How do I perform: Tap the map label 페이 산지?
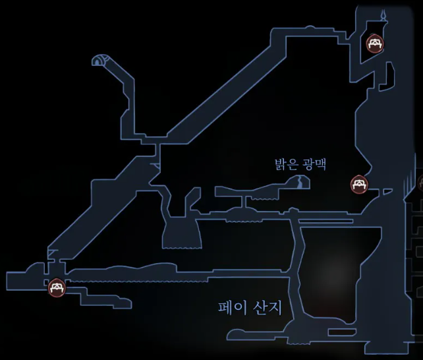coord(250,308)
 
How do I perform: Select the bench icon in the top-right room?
coord(374,44)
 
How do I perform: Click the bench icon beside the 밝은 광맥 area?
coord(359,184)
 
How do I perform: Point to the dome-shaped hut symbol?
coord(99,61)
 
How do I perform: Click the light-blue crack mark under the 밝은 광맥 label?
coord(300,182)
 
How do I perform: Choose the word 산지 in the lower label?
coord(267,308)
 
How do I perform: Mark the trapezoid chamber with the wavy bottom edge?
coord(181,234)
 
